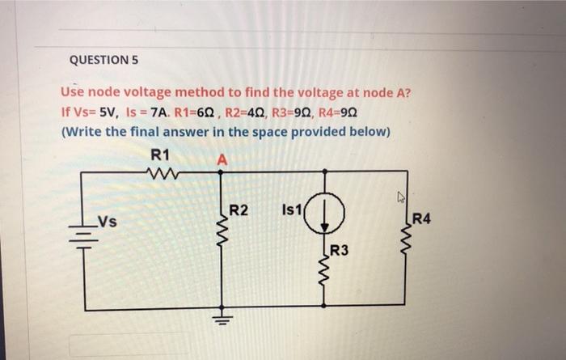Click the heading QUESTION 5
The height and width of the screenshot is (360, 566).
pos(105,60)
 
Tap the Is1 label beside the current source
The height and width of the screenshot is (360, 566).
pos(291,212)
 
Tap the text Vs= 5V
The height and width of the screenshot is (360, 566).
pos(84,112)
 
